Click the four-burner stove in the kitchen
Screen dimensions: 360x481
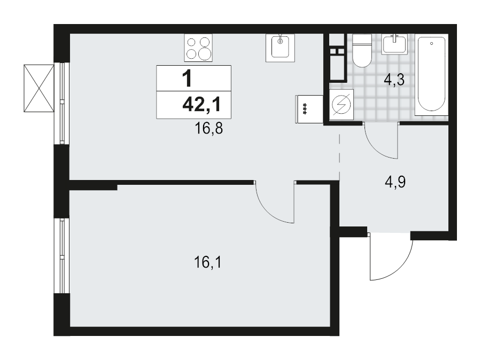pyautogui.click(x=199, y=48)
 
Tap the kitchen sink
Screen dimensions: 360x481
pyautogui.click(x=280, y=47)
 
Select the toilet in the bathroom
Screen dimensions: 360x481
pyautogui.click(x=361, y=51)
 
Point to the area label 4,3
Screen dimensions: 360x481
pyautogui.click(x=395, y=82)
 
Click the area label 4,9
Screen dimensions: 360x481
pyautogui.click(x=395, y=183)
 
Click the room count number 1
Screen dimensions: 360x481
pyautogui.click(x=187, y=80)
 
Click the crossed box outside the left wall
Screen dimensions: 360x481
pyautogui.click(x=39, y=88)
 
